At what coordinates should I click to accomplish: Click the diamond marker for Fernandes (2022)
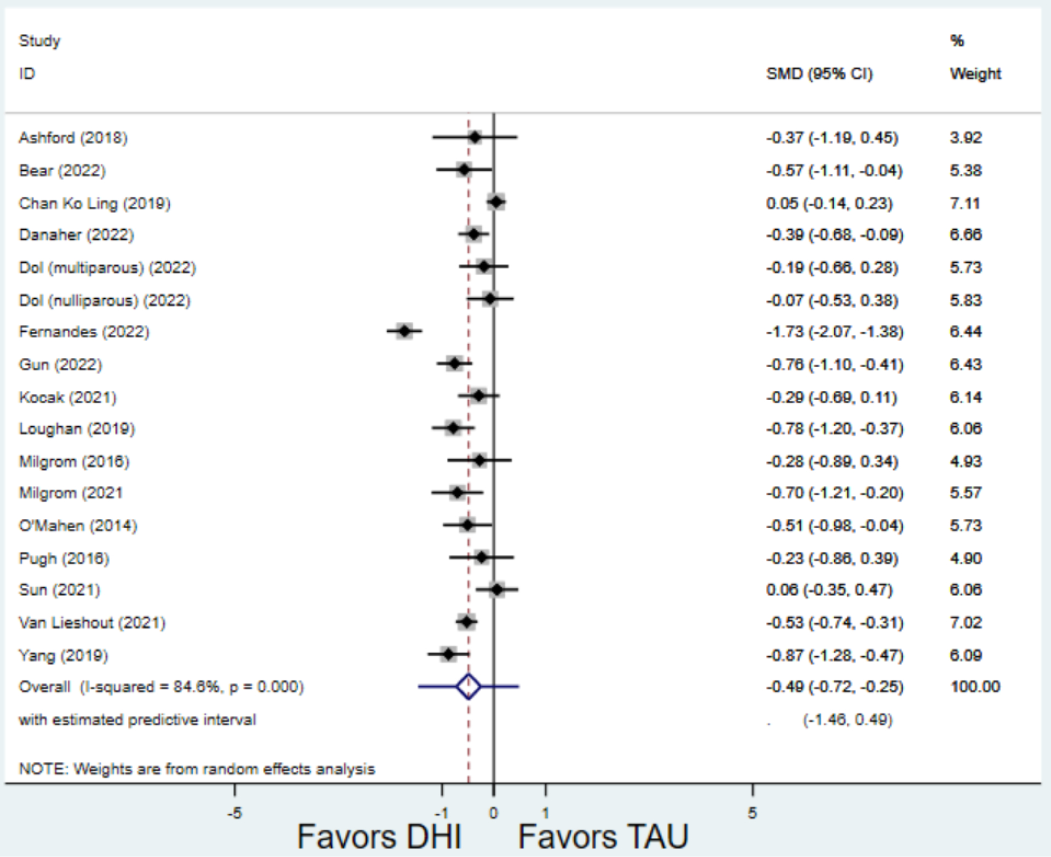(405, 331)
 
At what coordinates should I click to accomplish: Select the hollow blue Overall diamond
(469, 686)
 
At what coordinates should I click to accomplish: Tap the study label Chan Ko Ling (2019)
(95, 204)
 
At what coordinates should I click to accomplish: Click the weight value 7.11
(965, 204)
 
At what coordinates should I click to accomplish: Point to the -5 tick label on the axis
(234, 813)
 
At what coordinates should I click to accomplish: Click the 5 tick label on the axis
(752, 813)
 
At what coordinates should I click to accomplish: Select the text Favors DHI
(379, 837)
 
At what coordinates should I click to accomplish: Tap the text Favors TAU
(603, 837)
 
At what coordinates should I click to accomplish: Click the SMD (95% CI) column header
(819, 74)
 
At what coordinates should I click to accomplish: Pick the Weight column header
(975, 74)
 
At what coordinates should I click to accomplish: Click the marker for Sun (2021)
(496, 589)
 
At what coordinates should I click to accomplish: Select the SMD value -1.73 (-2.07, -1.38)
(834, 332)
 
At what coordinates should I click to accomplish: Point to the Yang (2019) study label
(63, 655)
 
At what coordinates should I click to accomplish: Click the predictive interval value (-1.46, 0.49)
(847, 720)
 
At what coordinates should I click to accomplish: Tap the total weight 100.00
(975, 687)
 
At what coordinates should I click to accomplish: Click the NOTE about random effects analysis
(197, 769)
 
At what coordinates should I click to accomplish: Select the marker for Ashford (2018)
(475, 137)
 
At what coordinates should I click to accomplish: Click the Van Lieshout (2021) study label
(92, 623)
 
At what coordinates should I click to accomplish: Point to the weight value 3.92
(966, 137)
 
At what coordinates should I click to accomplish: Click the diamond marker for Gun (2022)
(454, 363)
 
